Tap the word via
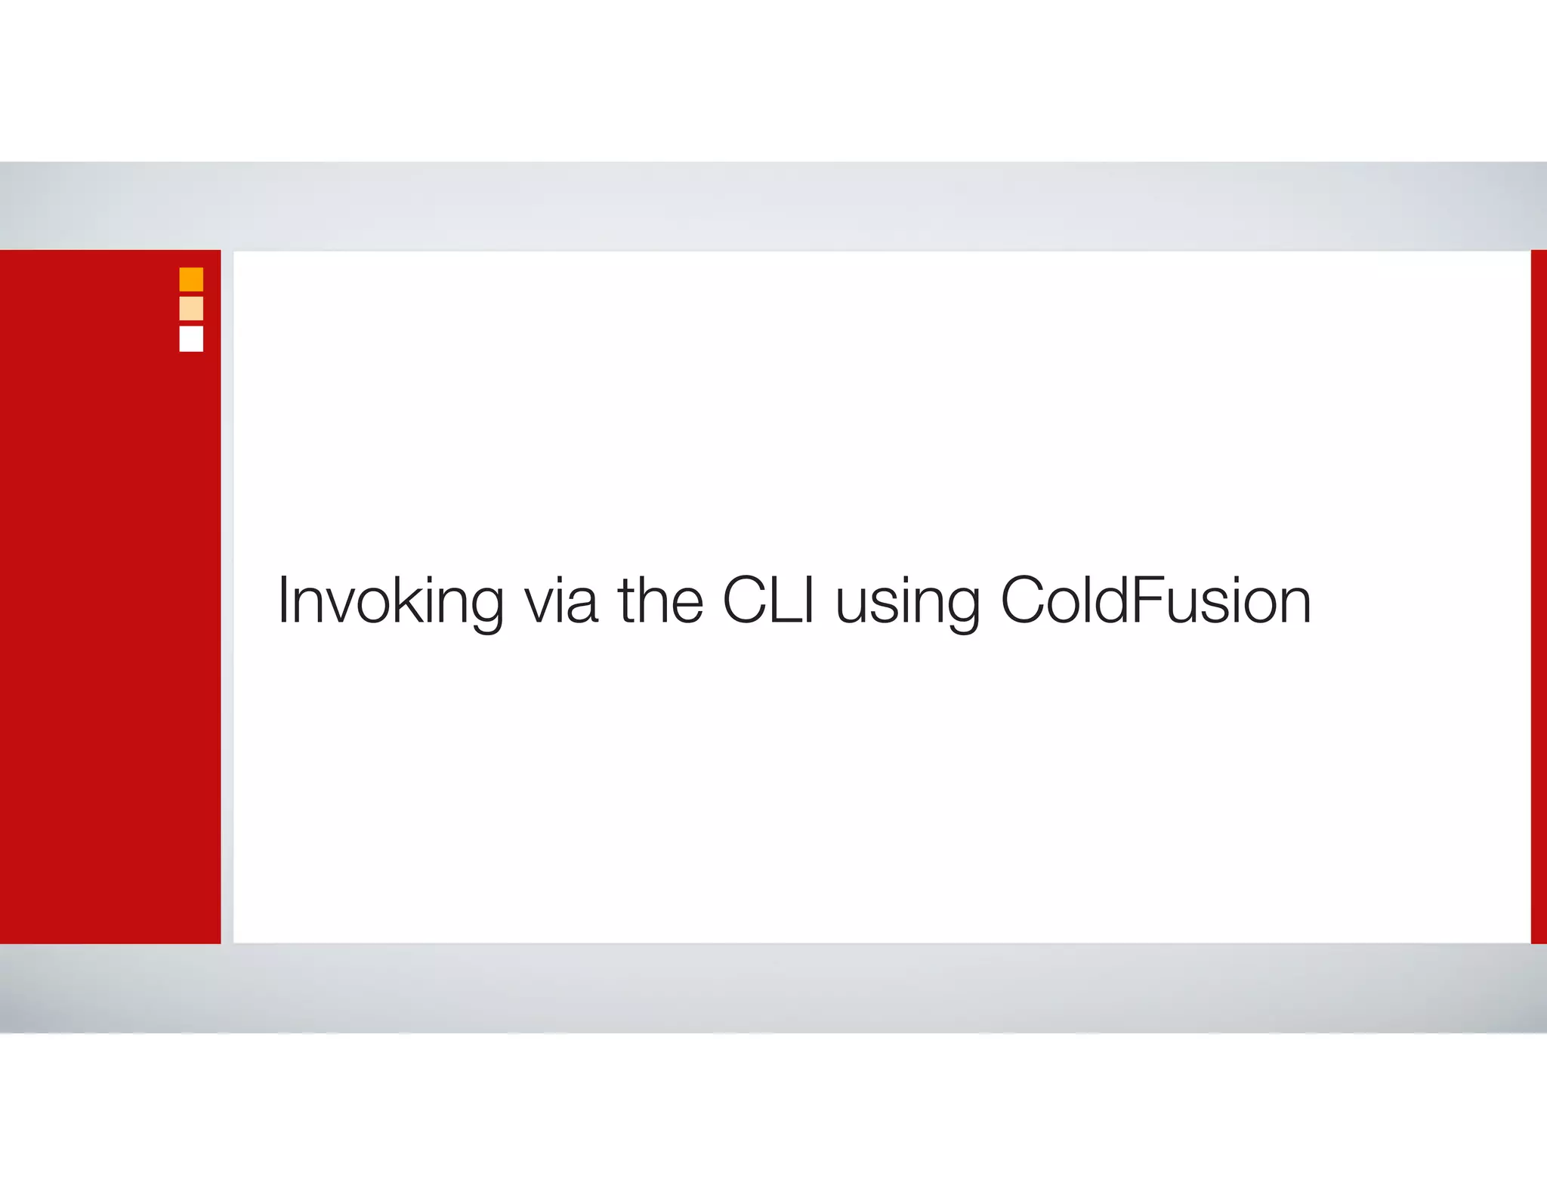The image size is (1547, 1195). [x=561, y=601]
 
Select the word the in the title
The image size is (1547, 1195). [x=660, y=600]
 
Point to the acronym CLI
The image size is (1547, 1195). [x=769, y=600]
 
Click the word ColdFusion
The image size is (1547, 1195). [x=1156, y=600]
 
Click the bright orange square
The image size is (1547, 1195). [x=191, y=279]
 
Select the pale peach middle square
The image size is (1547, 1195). [x=191, y=308]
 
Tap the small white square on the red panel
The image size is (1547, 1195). [x=191, y=338]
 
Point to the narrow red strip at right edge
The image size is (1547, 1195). [x=1539, y=597]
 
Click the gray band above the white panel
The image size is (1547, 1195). [x=773, y=205]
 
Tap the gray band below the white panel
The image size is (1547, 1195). [x=773, y=988]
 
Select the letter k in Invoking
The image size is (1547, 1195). [x=413, y=600]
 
